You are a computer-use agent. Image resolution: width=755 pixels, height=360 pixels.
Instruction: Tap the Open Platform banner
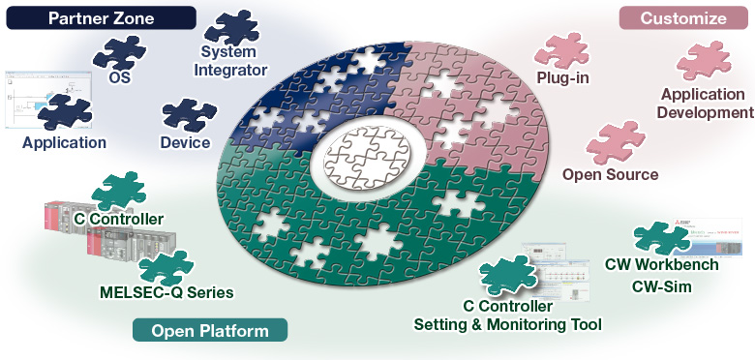pos(210,331)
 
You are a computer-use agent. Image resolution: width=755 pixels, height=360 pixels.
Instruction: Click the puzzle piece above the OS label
pos(118,52)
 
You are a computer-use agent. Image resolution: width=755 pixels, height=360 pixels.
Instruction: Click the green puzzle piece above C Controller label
pos(119,192)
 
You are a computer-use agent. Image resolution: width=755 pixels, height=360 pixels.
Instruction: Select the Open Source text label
pos(611,175)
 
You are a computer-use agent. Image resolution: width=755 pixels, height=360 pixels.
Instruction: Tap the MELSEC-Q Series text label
pos(166,291)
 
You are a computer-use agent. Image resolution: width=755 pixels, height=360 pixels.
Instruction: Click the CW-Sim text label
pos(661,285)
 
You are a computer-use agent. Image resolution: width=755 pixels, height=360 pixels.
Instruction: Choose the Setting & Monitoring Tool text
pos(508,324)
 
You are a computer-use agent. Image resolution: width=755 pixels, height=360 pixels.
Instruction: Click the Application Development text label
pos(703,103)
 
